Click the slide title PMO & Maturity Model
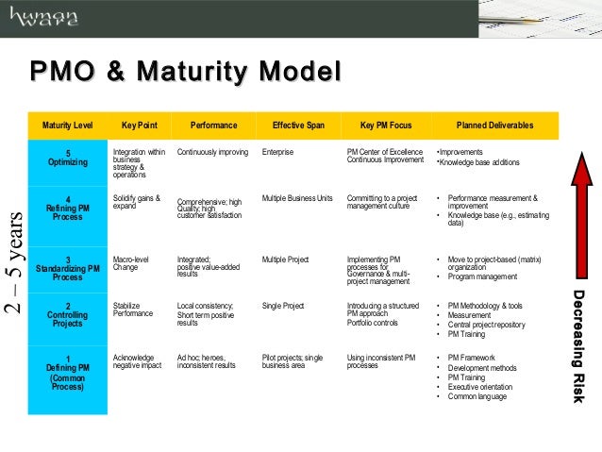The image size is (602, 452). pos(184,73)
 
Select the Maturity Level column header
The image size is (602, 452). pos(68,126)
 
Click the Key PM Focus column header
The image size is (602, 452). pos(385,126)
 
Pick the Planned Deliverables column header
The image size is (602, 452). pos(494,126)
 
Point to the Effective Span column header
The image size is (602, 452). pos(297,126)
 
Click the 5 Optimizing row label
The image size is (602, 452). pos(68,158)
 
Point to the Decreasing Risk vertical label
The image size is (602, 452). pos(582,346)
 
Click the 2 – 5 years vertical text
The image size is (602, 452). pos(13,261)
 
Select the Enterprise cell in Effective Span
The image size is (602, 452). pos(278,152)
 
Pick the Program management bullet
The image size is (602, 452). pos(482,276)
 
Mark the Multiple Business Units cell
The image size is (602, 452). pos(297,198)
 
